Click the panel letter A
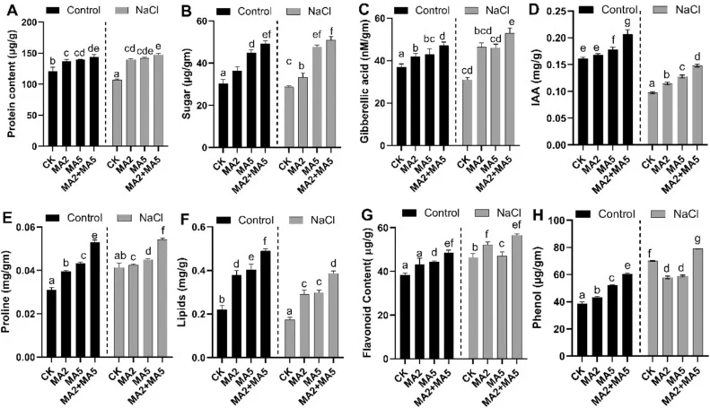[9, 10]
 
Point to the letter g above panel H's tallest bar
[697, 239]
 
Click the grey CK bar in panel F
[290, 338]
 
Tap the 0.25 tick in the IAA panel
[555, 12]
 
